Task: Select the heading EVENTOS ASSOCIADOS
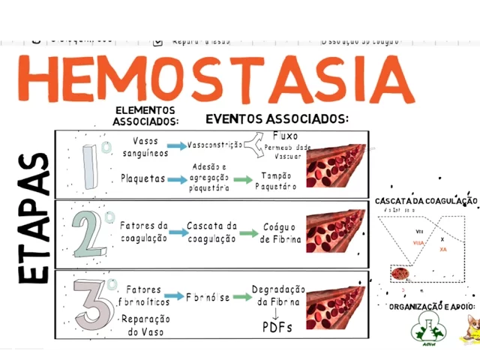pos(277,118)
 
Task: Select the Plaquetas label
pos(142,179)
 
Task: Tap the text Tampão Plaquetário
pos(277,180)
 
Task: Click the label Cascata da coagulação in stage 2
pos(211,232)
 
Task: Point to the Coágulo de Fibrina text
pos(280,232)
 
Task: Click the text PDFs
pos(277,327)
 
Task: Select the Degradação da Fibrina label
pos(278,295)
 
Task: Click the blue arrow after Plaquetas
pos(177,179)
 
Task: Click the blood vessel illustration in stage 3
pos(335,301)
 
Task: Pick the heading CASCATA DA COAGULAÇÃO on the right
pos(426,201)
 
